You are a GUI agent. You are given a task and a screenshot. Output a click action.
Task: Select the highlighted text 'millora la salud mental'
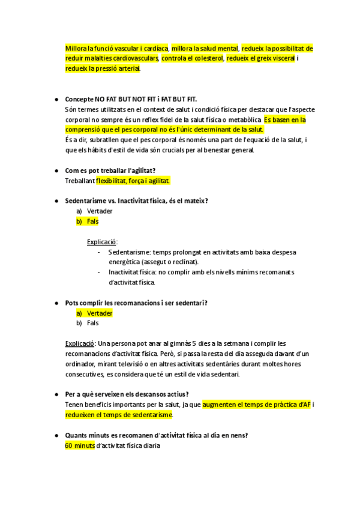tap(205, 48)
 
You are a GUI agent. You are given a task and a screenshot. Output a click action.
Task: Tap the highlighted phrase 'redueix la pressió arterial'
tap(103, 69)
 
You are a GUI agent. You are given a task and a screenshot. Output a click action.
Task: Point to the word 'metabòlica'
tap(243, 119)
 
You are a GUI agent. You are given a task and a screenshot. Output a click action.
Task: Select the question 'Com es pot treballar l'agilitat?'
tap(114, 170)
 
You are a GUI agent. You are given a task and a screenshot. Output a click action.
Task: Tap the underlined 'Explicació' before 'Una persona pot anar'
tap(80, 343)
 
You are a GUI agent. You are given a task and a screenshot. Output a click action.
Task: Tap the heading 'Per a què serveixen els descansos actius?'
tap(127, 394)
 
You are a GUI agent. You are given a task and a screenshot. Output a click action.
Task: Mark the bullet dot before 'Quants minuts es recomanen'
tap(56, 435)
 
